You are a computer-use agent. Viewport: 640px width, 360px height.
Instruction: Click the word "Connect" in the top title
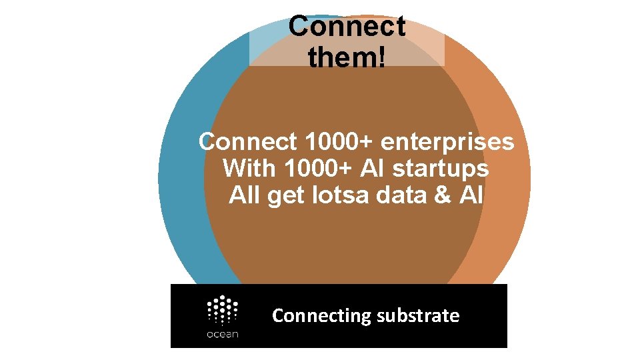pyautogui.click(x=347, y=27)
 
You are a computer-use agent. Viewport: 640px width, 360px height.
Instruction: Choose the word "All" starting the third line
pyautogui.click(x=244, y=195)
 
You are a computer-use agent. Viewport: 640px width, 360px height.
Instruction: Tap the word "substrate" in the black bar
pyautogui.click(x=418, y=315)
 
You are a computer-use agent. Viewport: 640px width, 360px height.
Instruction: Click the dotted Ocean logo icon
pyautogui.click(x=223, y=310)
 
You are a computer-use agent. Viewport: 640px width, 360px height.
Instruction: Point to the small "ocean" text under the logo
pyautogui.click(x=223, y=334)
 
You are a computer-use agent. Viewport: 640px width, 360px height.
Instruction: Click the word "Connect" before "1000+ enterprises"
pyautogui.click(x=248, y=141)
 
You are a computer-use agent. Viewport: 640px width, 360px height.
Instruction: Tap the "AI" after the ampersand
pyautogui.click(x=470, y=195)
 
